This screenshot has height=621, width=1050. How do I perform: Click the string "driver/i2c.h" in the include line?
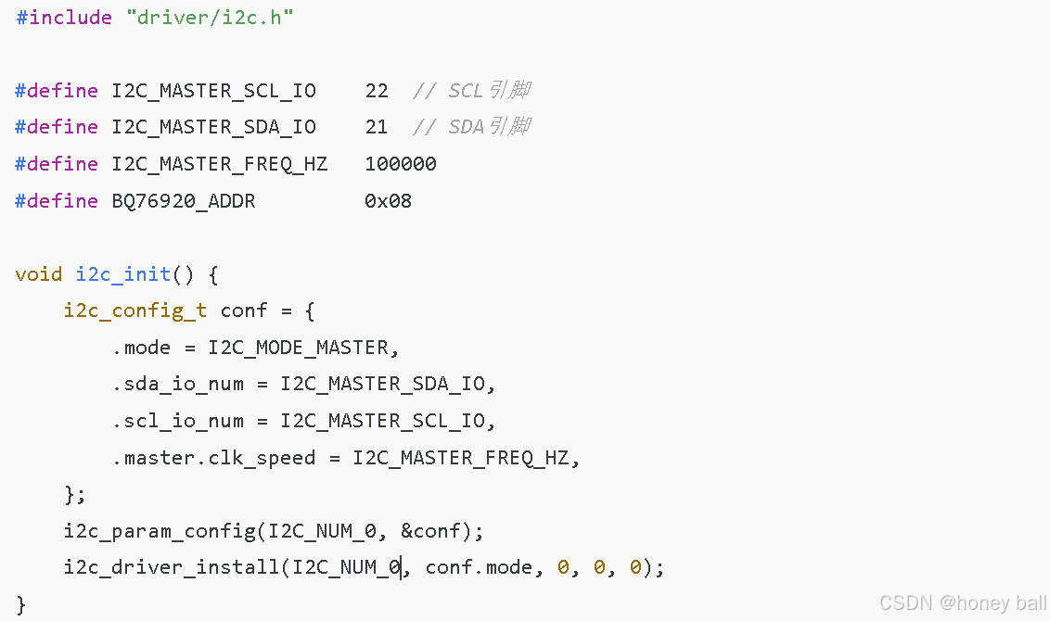click(x=209, y=17)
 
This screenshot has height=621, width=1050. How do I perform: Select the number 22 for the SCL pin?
click(x=377, y=90)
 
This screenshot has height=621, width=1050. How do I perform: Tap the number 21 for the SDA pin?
click(x=377, y=127)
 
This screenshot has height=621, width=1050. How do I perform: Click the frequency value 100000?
click(x=401, y=164)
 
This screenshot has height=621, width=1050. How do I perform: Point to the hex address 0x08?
click(x=389, y=200)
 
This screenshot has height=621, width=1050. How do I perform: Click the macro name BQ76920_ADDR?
click(x=184, y=200)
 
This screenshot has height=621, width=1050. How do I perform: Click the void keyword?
click(x=39, y=274)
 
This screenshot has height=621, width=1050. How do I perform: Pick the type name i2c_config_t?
click(x=135, y=310)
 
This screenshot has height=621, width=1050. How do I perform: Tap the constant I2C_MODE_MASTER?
click(x=303, y=348)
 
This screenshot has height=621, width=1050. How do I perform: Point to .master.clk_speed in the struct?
click(x=214, y=458)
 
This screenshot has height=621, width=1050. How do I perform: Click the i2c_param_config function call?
click(x=160, y=531)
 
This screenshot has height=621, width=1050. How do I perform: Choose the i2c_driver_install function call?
click(x=172, y=567)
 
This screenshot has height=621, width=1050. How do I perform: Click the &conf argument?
click(x=437, y=531)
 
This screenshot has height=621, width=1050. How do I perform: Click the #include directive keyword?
click(x=63, y=17)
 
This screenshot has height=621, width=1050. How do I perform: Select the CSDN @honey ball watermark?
click(x=963, y=603)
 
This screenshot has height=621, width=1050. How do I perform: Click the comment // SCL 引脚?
click(x=472, y=90)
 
